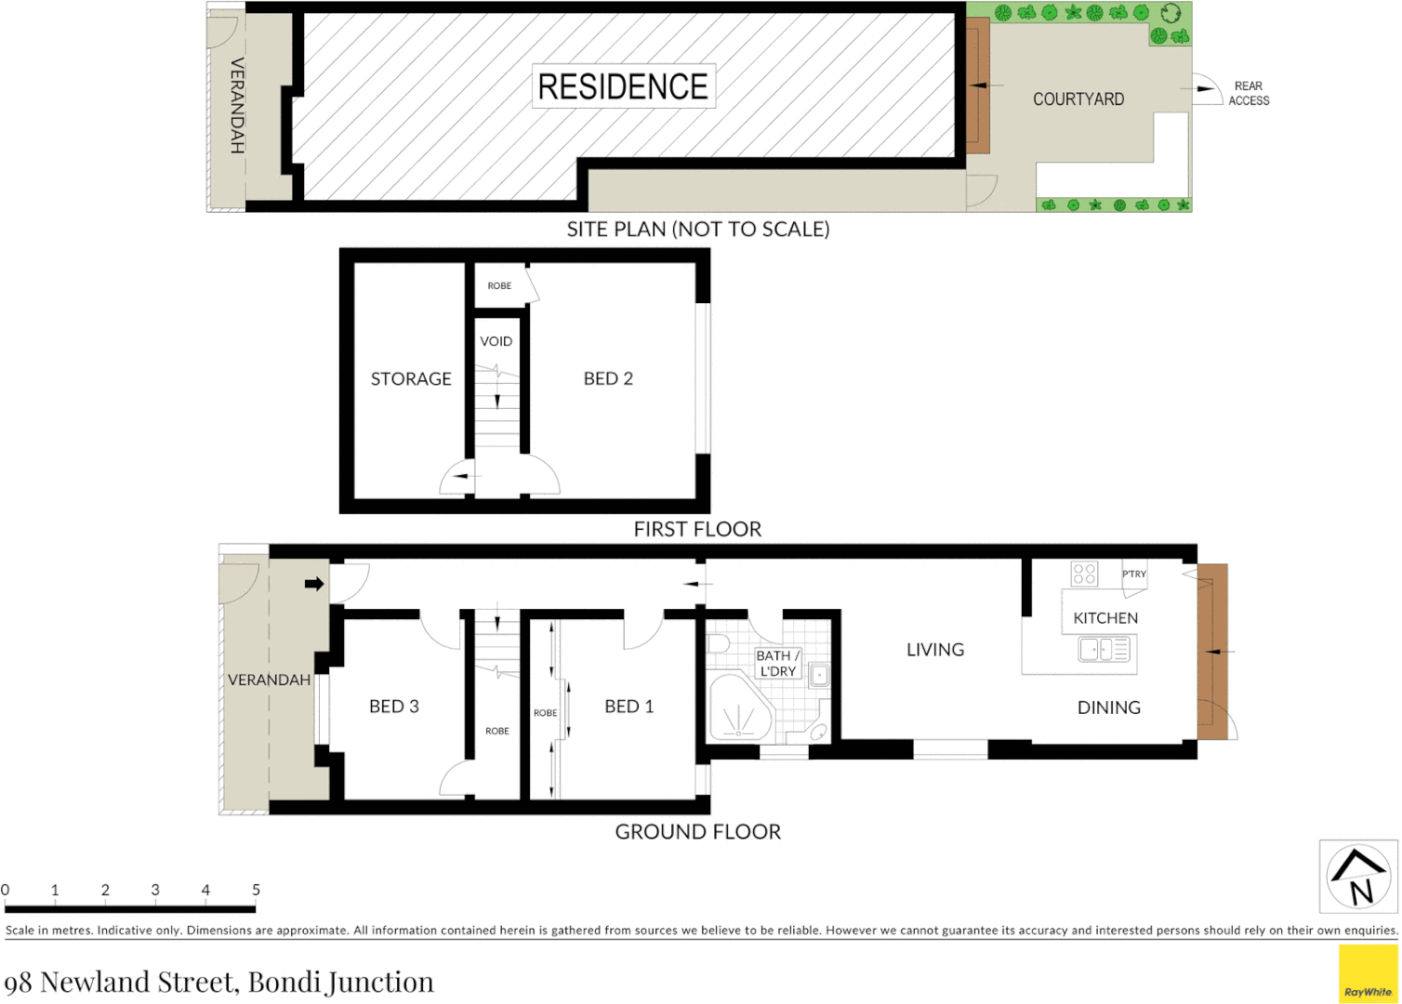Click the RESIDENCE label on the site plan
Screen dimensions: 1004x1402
tap(623, 86)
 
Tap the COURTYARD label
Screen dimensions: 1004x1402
tap(1078, 99)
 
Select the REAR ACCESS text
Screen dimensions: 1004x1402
tap(1249, 93)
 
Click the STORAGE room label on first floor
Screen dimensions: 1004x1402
tap(411, 379)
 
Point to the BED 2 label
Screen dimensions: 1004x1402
tap(608, 378)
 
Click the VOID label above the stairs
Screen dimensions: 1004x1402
tap(496, 341)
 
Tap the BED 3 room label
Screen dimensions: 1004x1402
tap(394, 707)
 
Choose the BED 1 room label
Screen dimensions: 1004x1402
tap(629, 707)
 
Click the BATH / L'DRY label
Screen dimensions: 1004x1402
tap(778, 663)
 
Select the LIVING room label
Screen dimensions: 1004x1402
tap(935, 650)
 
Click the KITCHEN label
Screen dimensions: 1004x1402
tap(1105, 618)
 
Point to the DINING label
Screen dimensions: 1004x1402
tap(1109, 707)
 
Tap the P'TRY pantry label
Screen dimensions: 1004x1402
tap(1134, 574)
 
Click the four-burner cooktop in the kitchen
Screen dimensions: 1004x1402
tap(1084, 574)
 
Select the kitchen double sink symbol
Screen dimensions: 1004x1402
tap(1105, 649)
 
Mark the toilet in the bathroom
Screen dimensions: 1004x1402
tap(719, 644)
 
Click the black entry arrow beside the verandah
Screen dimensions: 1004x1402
tap(314, 584)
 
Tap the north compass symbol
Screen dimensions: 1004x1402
tap(1358, 878)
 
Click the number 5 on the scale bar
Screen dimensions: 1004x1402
tap(256, 890)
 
